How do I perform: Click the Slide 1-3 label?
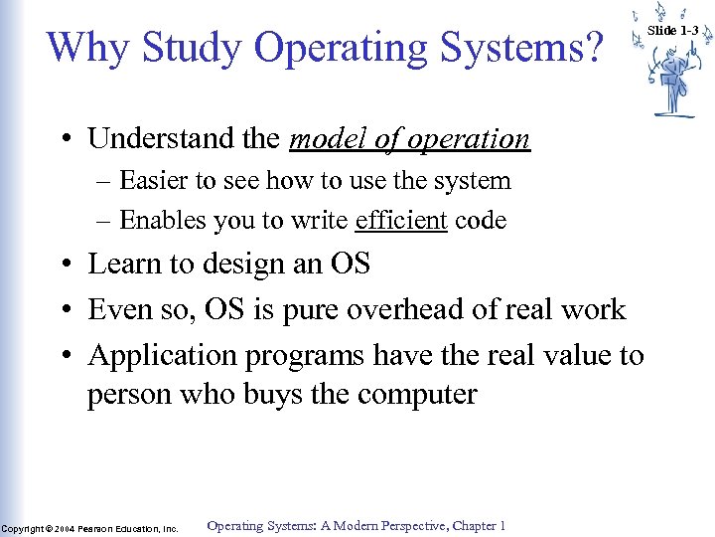(673, 31)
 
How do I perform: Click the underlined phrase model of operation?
(409, 139)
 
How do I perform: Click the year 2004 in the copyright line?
(65, 528)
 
